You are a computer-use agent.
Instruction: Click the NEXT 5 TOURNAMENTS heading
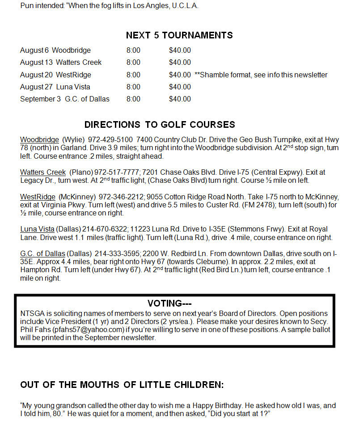coord(179,35)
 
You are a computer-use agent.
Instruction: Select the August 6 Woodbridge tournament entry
coord(55,50)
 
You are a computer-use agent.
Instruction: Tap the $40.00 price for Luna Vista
coord(180,87)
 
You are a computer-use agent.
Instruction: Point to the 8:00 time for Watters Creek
coord(133,63)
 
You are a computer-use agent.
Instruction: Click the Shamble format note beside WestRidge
coord(261,75)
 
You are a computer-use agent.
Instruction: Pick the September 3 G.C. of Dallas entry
coord(65,99)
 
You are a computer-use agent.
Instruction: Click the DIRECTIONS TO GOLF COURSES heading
coord(160,125)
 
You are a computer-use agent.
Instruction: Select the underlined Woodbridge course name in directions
coord(39,139)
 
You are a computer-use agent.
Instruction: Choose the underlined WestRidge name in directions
coord(38,197)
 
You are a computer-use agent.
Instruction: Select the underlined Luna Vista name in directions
coord(37,229)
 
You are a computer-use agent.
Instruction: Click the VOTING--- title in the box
coord(169,303)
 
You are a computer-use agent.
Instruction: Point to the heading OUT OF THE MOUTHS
coord(122,385)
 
